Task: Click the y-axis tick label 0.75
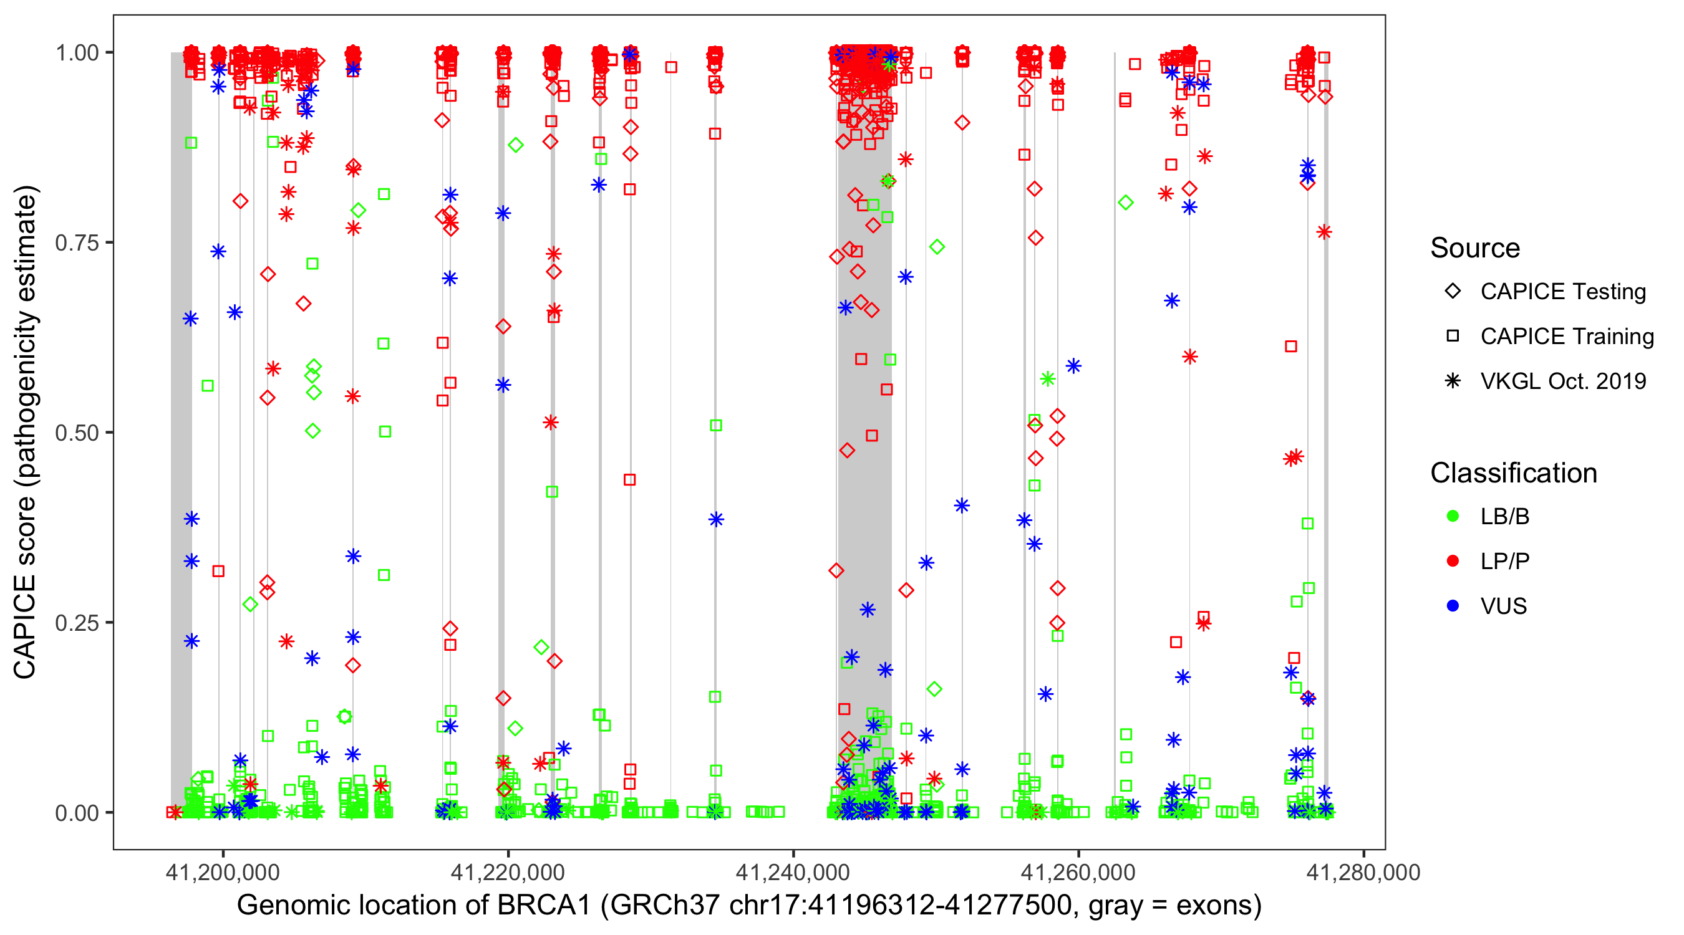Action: pos(76,243)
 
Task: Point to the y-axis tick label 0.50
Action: pos(76,433)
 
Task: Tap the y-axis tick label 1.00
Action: pos(76,53)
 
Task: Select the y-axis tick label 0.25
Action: pos(76,623)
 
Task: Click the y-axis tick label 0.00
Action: pos(76,813)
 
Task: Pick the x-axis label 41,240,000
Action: pos(792,872)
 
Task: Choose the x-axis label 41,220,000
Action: pos(507,872)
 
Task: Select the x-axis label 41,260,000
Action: pos(1077,872)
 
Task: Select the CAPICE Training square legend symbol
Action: pos(1453,337)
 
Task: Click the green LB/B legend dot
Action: pos(1453,517)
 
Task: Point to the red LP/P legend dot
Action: pos(1453,561)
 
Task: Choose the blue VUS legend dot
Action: pos(1453,607)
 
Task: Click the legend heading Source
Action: pos(1475,248)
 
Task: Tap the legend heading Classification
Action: pos(1513,473)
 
